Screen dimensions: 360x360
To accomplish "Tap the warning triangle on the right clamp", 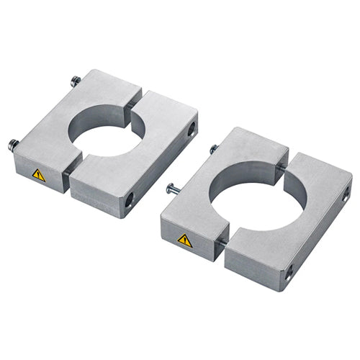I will tap(185, 240).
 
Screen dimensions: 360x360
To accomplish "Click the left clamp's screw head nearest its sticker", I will tap(13, 144).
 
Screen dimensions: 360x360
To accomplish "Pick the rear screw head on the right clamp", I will tap(213, 149).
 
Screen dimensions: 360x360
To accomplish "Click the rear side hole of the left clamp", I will tap(191, 130).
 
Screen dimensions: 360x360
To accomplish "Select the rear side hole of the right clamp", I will tap(346, 192).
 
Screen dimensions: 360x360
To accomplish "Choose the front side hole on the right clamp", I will tap(289, 271).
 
